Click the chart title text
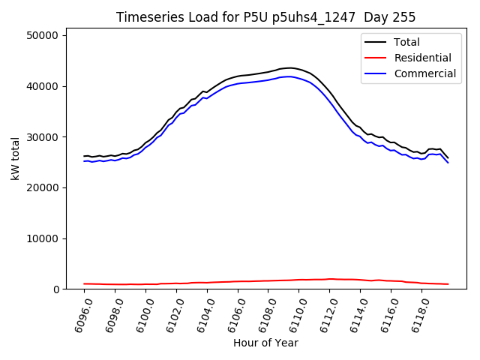265,17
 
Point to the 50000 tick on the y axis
45,35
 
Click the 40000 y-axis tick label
45,86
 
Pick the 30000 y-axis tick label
45,137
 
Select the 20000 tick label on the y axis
45,187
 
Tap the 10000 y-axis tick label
45,238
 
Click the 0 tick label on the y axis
57,289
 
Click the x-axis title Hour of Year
265,343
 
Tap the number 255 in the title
405,17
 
